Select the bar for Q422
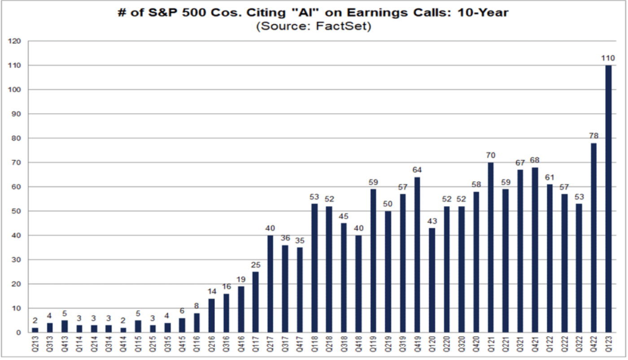click(594, 238)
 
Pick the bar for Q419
click(417, 255)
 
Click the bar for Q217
click(270, 284)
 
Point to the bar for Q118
click(314, 268)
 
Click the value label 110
click(608, 58)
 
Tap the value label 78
click(594, 136)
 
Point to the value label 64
click(417, 170)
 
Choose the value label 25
click(255, 265)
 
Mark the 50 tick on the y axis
click(19, 211)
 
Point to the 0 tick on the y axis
click(21, 333)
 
